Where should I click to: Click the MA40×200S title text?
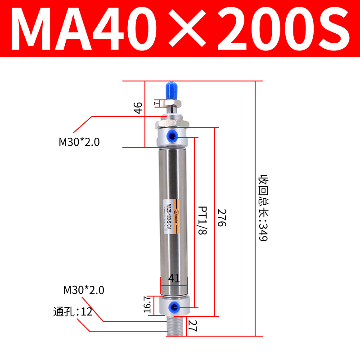pyautogui.click(x=180, y=28)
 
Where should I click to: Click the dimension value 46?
pyautogui.click(x=138, y=108)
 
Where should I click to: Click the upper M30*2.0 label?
pyautogui.click(x=79, y=142)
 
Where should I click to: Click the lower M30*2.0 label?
pyautogui.click(x=84, y=290)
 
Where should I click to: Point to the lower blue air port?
pyautogui.click(x=172, y=307)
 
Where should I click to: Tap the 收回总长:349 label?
pyautogui.click(x=263, y=208)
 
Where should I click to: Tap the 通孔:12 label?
pyautogui.click(x=72, y=311)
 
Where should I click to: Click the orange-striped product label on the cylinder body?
pyautogui.click(x=171, y=217)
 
